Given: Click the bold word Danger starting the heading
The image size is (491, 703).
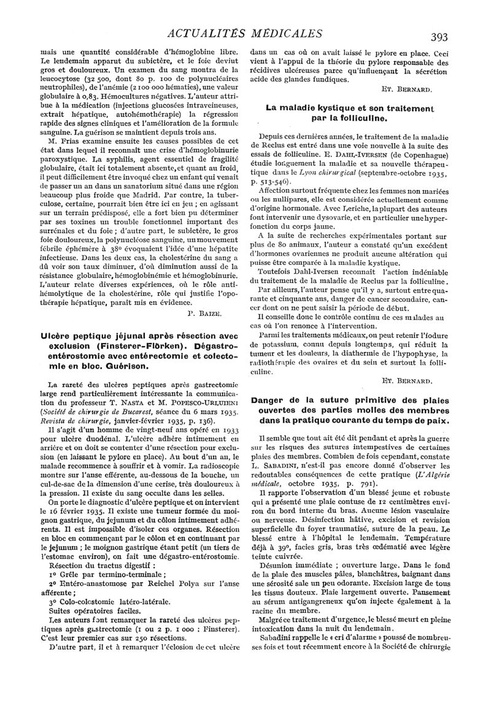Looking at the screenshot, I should (269, 402).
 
